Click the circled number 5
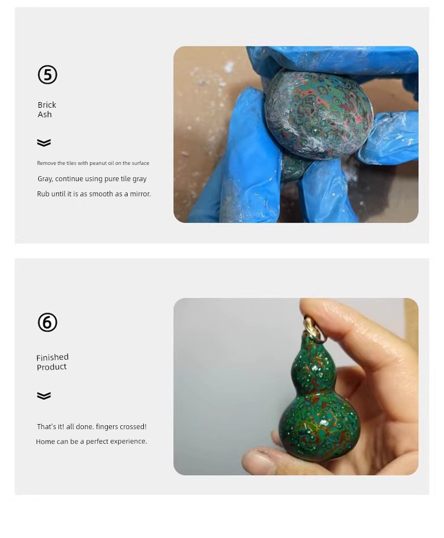(x=47, y=75)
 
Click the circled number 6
(x=47, y=323)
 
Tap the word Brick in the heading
(x=47, y=105)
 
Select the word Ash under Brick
(x=44, y=114)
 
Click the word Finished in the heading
(x=53, y=357)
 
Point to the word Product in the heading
(x=52, y=367)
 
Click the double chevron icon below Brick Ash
(x=44, y=142)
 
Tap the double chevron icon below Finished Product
(x=44, y=396)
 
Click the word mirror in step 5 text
(x=140, y=194)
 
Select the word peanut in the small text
(x=98, y=163)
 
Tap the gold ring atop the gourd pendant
(x=314, y=329)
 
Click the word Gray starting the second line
(x=44, y=179)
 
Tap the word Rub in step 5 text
(x=43, y=194)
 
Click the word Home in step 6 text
(x=45, y=442)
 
